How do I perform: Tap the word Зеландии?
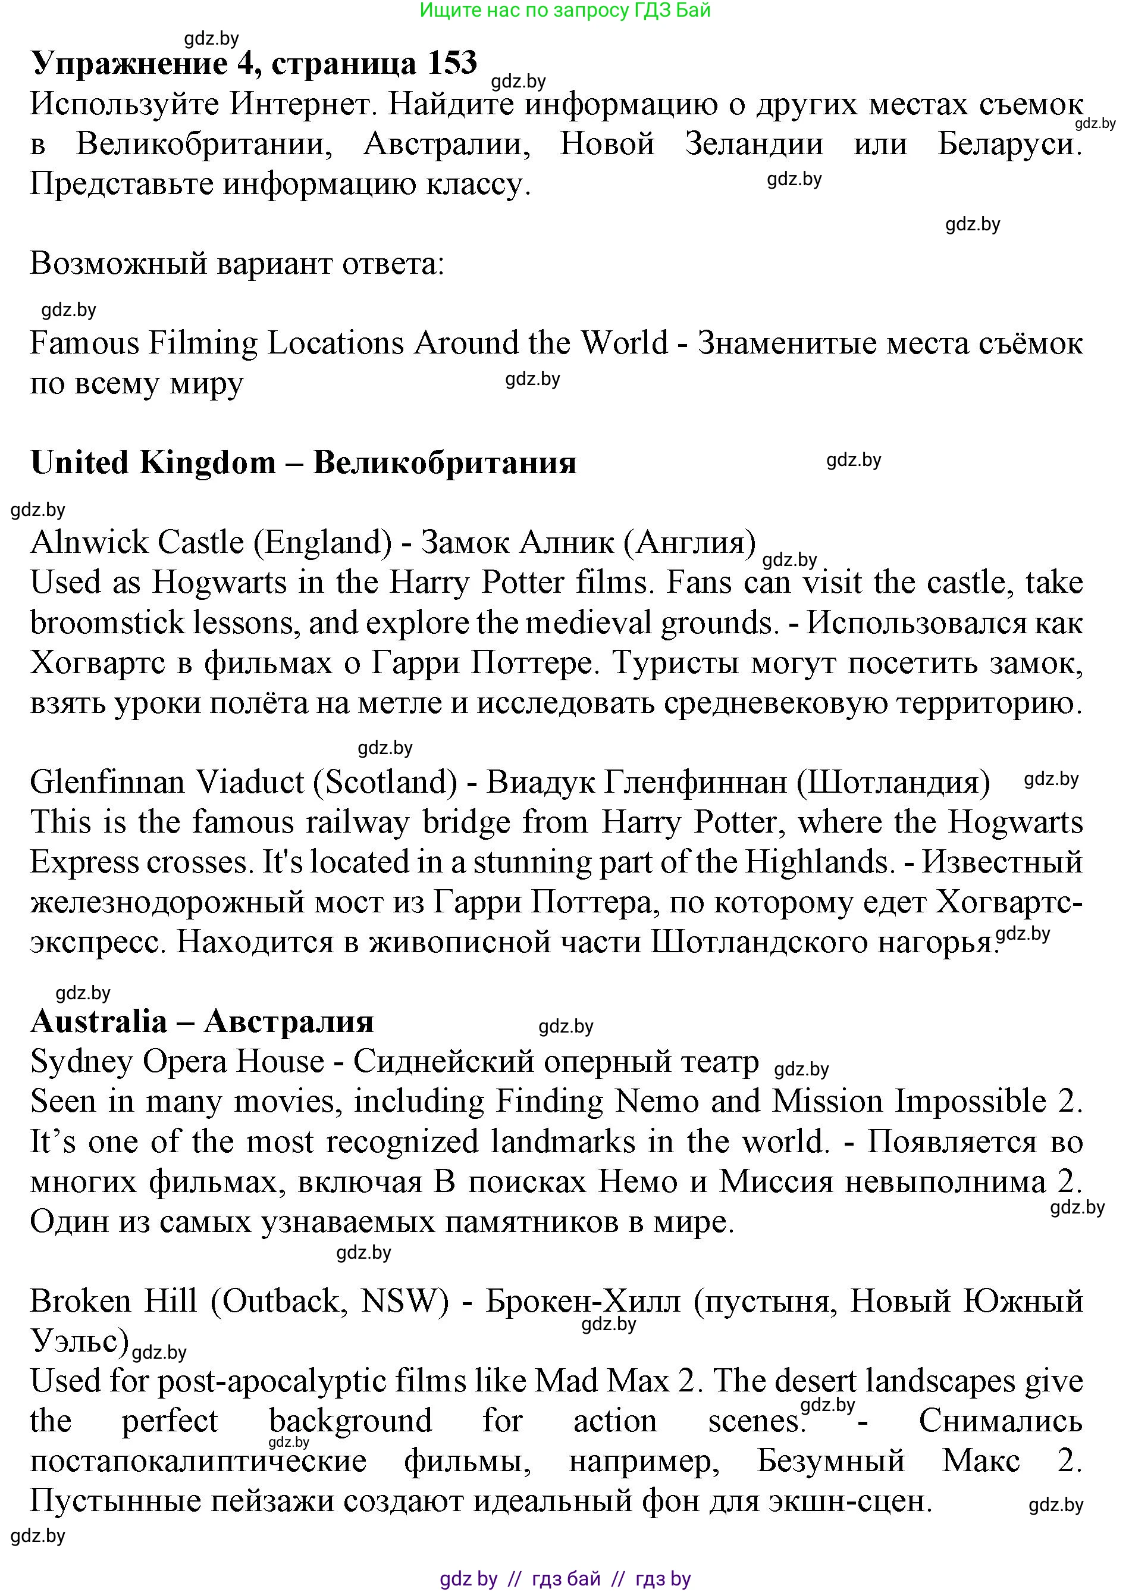coord(754,145)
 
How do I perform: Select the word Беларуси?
coord(1009,145)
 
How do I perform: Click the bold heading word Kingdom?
coord(208,462)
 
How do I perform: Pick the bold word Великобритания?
coord(445,462)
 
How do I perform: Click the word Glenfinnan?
coord(107,783)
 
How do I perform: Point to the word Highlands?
coord(819,862)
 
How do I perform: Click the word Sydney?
coord(81,1062)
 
